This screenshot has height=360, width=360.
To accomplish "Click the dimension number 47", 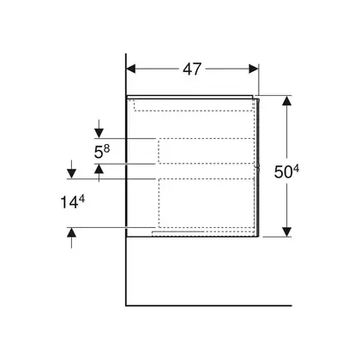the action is tap(192, 69).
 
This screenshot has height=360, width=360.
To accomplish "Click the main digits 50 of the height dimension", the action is tap(283, 172).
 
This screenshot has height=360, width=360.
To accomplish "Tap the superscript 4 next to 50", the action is tap(296, 169).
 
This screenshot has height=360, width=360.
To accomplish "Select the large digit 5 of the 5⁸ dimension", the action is tap(99, 153).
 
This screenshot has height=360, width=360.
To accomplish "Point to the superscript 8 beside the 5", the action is tap(106, 148).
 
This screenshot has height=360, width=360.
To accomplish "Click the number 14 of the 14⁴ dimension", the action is tap(69, 203).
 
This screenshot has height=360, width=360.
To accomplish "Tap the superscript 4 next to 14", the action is tap(81, 200).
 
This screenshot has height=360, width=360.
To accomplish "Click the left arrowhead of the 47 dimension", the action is tap(131, 69).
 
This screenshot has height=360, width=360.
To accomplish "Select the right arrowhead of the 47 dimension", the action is tap(254, 69).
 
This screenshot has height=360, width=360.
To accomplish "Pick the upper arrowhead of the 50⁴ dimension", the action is tap(286, 100).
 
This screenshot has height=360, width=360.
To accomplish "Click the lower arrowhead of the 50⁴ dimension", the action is tap(286, 231).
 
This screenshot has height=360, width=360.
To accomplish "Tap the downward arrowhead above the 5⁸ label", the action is tap(99, 134).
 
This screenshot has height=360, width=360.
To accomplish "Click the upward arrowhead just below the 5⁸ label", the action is tap(99, 169).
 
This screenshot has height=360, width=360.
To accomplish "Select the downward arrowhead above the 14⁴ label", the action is tap(71, 174).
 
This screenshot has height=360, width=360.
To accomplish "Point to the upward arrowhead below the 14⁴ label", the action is tap(71, 232).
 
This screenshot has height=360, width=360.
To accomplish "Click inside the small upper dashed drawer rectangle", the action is tap(206, 151).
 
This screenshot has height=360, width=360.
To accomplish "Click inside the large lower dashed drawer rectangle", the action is tap(206, 203).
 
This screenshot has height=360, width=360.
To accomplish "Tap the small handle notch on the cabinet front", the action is tap(258, 168).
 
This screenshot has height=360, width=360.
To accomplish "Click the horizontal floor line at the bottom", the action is tap(209, 305).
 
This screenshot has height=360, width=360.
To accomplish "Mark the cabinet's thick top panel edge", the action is tap(190, 97).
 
